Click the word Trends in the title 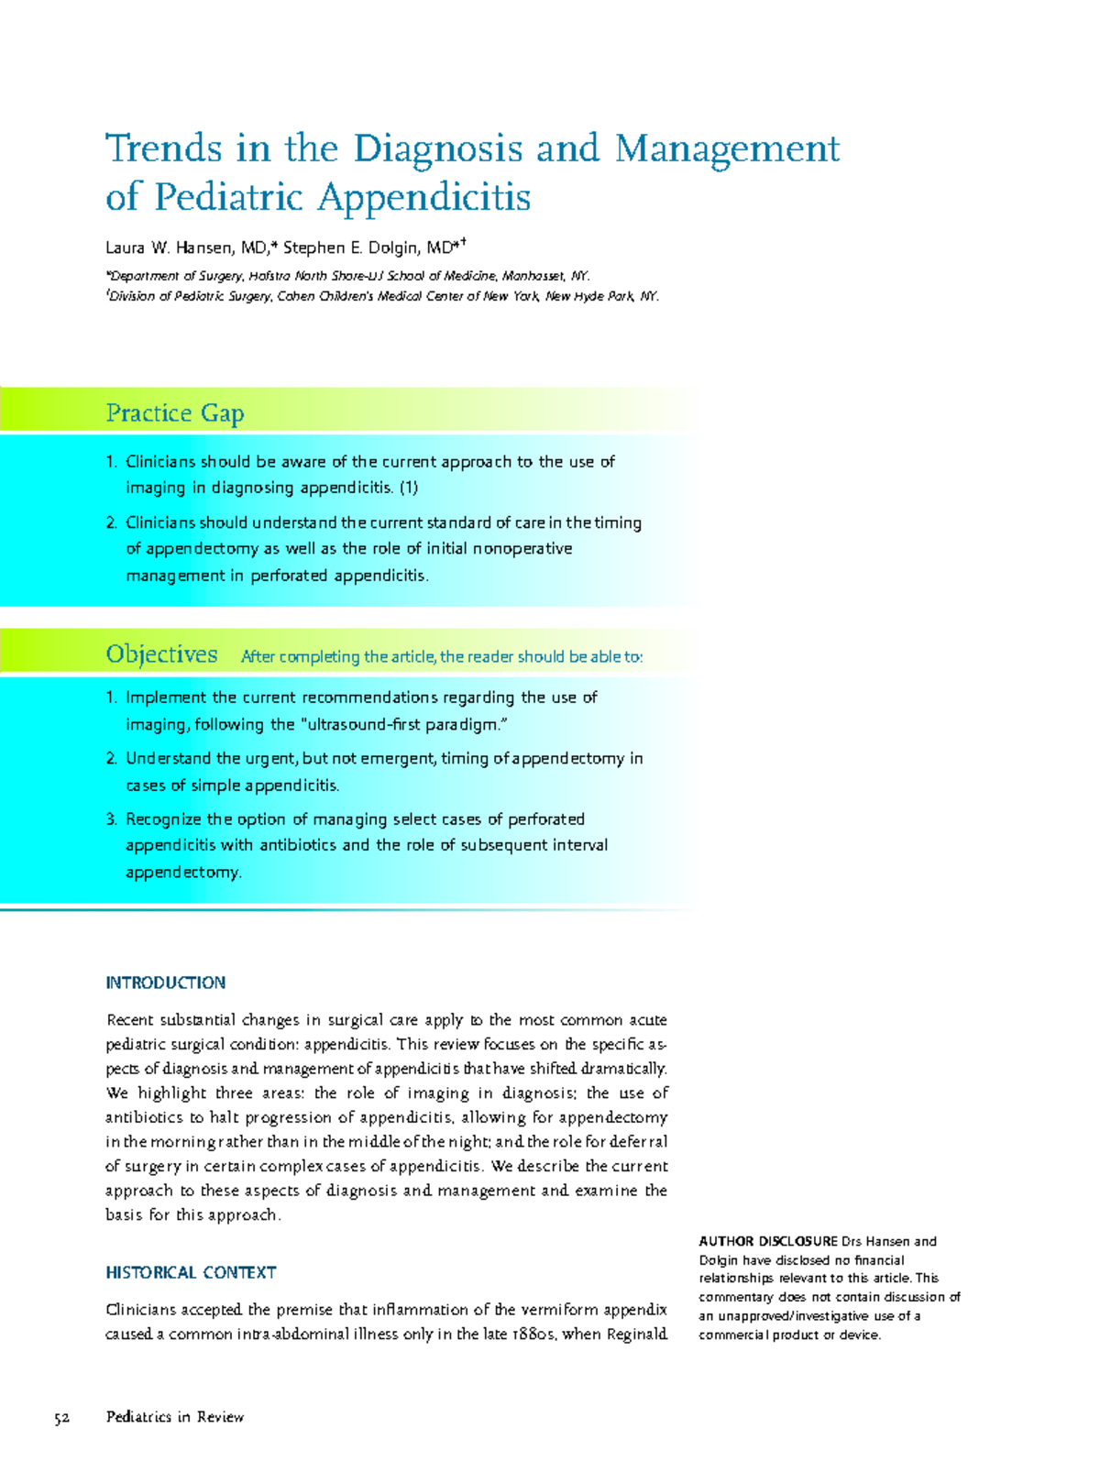(x=164, y=148)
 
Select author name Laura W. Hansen (x=185, y=247)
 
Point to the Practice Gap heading (x=174, y=413)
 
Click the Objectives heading (x=161, y=654)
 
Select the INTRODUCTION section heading (x=165, y=983)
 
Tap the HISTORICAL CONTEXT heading (x=191, y=1272)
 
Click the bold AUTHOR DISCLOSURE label (x=768, y=1241)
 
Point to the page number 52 (x=62, y=1418)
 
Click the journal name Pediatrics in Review (x=175, y=1417)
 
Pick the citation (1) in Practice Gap (x=408, y=488)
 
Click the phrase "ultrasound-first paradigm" (x=403, y=724)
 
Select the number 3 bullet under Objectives (x=111, y=819)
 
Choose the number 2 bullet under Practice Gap (x=111, y=523)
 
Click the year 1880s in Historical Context (x=532, y=1334)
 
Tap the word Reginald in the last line (x=637, y=1334)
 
